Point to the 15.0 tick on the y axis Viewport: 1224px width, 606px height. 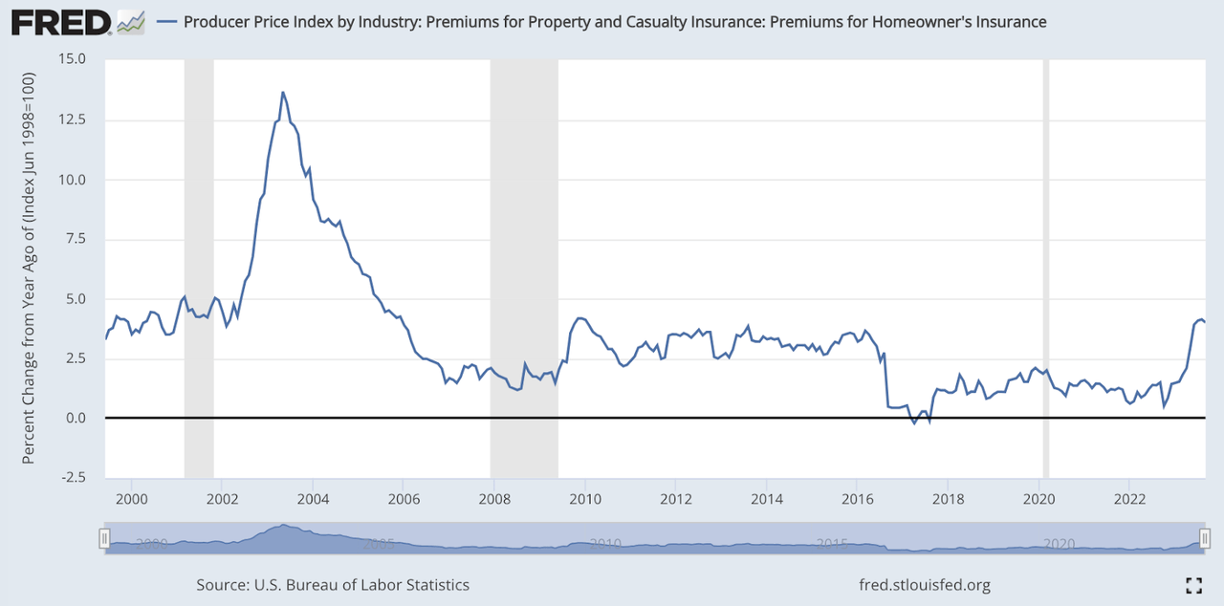click(x=72, y=58)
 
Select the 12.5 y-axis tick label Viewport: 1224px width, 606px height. click(x=72, y=119)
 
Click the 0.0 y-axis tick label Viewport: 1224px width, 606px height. click(x=76, y=419)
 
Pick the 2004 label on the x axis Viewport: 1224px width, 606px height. click(x=313, y=498)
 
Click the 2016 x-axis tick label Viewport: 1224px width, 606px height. click(x=858, y=498)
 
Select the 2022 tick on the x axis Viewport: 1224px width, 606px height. click(x=1130, y=498)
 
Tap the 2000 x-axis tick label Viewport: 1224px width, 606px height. click(x=131, y=498)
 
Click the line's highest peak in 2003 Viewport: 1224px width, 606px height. click(x=282, y=93)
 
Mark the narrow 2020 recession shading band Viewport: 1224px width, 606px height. click(x=1045, y=268)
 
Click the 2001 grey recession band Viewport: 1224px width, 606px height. click(x=198, y=268)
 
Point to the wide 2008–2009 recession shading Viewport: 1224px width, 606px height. click(x=524, y=268)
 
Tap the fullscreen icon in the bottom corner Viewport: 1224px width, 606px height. click(x=1193, y=585)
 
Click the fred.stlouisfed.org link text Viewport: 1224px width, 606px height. click(x=926, y=585)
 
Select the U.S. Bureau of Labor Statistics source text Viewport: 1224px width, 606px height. click(x=333, y=585)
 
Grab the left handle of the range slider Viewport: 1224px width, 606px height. click(x=105, y=537)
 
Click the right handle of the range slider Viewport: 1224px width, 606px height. click(x=1205, y=537)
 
